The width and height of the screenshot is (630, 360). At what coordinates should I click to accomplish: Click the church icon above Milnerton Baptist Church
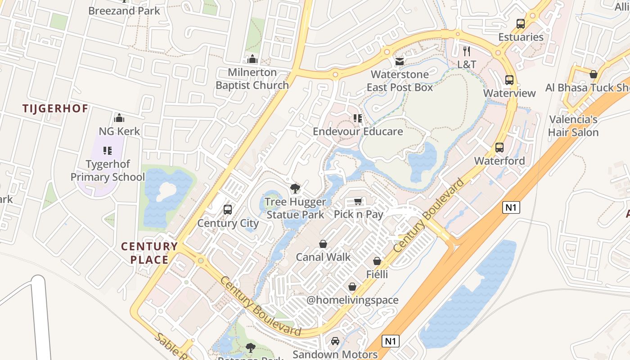pyautogui.click(x=252, y=59)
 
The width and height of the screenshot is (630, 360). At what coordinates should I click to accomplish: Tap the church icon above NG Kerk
pyautogui.click(x=119, y=118)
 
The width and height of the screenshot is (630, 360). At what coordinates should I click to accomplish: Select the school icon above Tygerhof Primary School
pyautogui.click(x=107, y=150)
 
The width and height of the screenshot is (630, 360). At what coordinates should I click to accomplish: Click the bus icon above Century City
pyautogui.click(x=228, y=209)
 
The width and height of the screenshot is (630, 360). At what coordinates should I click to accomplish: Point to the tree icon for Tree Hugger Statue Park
pyautogui.click(x=295, y=189)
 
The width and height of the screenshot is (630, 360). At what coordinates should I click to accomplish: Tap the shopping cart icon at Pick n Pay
pyautogui.click(x=358, y=201)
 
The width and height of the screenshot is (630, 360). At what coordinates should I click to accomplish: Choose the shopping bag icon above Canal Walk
pyautogui.click(x=323, y=244)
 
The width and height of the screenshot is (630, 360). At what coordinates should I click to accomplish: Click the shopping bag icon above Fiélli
pyautogui.click(x=377, y=261)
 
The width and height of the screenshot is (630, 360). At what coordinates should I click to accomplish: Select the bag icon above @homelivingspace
pyautogui.click(x=352, y=287)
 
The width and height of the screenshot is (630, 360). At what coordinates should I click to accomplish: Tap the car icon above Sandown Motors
pyautogui.click(x=335, y=341)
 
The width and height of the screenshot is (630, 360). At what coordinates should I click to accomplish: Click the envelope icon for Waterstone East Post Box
pyautogui.click(x=400, y=61)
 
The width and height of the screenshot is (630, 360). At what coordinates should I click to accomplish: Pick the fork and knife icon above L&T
pyautogui.click(x=467, y=51)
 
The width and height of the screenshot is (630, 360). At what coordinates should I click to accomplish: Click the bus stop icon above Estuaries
pyautogui.click(x=521, y=24)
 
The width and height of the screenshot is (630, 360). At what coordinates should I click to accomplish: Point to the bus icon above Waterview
pyautogui.click(x=509, y=80)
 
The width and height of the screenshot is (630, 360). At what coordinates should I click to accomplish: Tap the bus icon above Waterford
pyautogui.click(x=499, y=147)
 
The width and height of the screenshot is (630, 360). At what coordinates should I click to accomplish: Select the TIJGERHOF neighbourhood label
pyautogui.click(x=55, y=108)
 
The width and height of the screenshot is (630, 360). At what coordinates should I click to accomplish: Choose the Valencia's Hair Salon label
pyautogui.click(x=573, y=126)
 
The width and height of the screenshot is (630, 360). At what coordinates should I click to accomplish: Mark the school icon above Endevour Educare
pyautogui.click(x=358, y=118)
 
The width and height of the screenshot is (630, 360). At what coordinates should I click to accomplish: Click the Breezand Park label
pyautogui.click(x=124, y=10)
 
